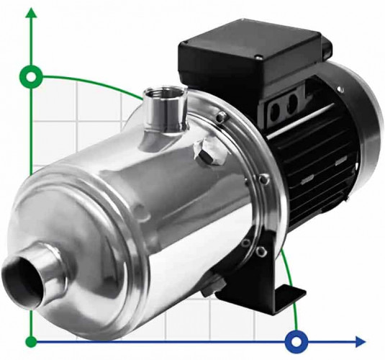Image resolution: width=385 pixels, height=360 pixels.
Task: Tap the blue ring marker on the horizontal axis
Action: pyautogui.click(x=296, y=341)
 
